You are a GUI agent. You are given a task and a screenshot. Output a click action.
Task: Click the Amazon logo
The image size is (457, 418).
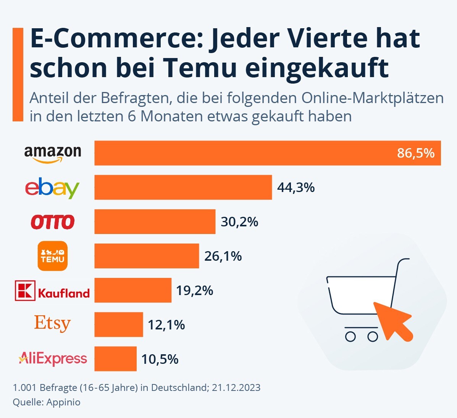click(53, 153)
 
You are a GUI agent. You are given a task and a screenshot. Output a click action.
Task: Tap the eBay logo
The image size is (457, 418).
click(52, 187)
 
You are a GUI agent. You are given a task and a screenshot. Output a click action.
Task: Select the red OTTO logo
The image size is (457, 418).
click(53, 222)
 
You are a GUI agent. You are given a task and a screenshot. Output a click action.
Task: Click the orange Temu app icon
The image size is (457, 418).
click(53, 256)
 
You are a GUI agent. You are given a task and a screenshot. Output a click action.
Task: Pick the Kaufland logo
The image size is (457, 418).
click(52, 291)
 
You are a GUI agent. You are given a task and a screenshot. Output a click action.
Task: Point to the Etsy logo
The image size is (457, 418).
click(52, 324)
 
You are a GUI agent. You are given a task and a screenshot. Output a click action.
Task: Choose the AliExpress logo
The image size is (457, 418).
click(53, 358)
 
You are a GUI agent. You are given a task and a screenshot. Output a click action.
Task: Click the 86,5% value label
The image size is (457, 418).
click(415, 153)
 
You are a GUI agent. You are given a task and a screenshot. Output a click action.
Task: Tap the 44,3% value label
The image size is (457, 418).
click(296, 187)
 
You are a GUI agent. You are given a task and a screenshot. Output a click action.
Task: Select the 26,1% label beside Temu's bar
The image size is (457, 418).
click(223, 256)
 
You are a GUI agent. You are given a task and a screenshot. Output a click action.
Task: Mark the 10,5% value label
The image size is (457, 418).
click(160, 359)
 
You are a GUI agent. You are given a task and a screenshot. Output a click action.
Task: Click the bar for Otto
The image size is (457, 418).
click(155, 221)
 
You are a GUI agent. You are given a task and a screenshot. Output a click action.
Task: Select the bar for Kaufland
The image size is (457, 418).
click(133, 290)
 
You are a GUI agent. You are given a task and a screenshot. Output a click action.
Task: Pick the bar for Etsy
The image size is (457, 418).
click(119, 324)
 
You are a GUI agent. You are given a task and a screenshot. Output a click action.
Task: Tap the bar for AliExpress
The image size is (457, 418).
click(115, 359)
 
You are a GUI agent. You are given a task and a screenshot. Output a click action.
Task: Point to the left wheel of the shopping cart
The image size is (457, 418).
click(350, 336)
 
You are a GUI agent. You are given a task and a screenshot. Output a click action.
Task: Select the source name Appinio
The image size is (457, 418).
click(63, 402)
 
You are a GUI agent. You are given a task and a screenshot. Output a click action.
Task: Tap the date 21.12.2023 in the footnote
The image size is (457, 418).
click(236, 387)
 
